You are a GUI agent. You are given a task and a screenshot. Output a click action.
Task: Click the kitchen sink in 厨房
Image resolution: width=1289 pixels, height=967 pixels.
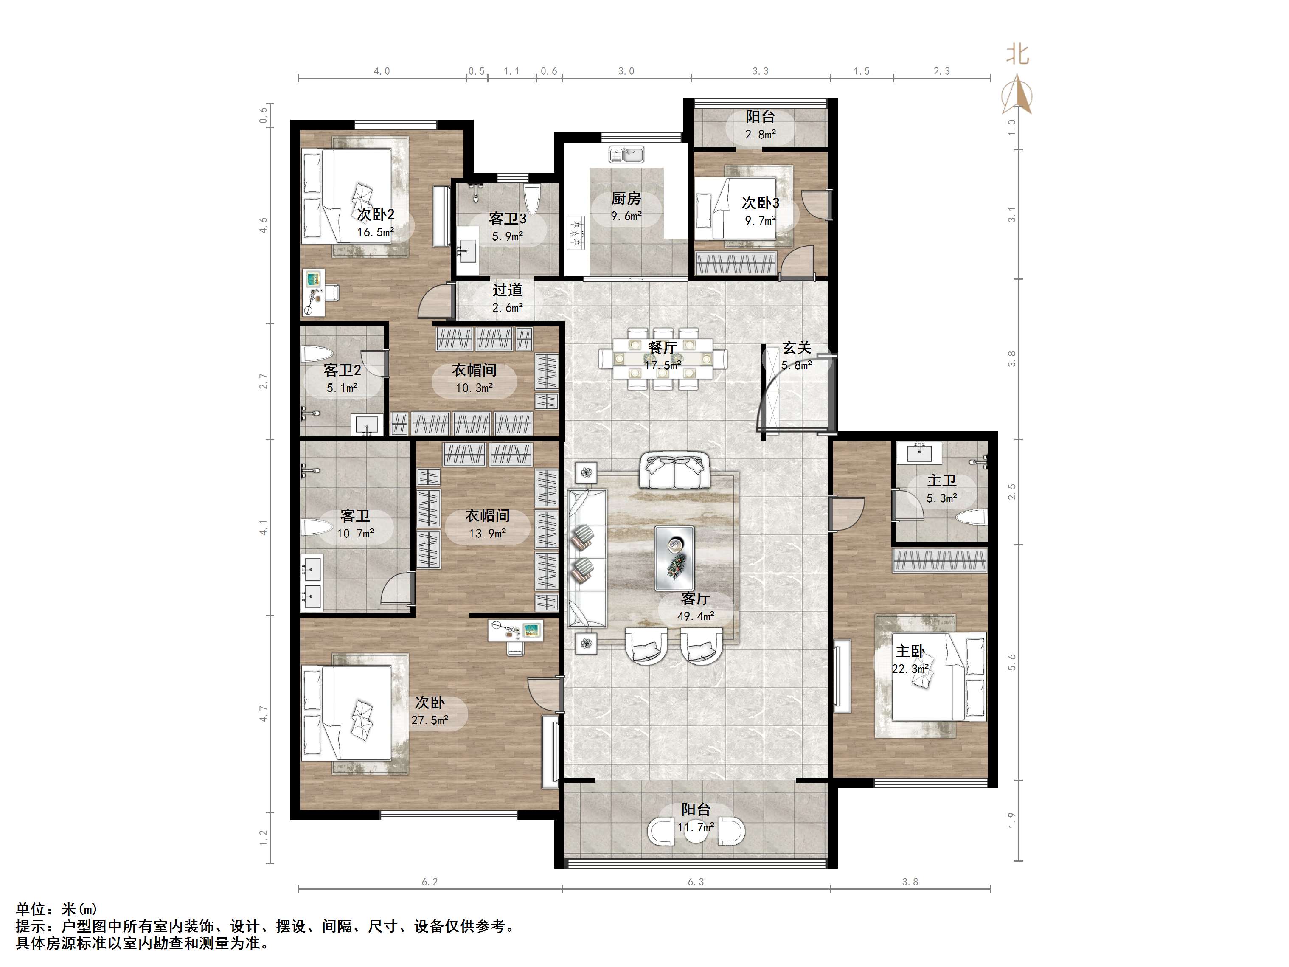pyautogui.click(x=626, y=155)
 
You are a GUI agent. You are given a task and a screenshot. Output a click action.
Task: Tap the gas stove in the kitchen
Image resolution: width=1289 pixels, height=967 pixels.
pyautogui.click(x=576, y=233)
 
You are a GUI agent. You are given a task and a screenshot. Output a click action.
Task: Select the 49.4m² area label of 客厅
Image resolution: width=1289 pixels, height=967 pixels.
pyautogui.click(x=696, y=616)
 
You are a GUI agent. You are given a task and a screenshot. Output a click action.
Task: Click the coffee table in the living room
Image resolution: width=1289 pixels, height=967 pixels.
pyautogui.click(x=674, y=558)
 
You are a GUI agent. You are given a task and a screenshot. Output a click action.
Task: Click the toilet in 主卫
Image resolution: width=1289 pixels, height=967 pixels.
pyautogui.click(x=973, y=517)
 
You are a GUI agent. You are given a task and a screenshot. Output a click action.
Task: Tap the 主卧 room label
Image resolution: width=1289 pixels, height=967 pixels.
pyautogui.click(x=910, y=651)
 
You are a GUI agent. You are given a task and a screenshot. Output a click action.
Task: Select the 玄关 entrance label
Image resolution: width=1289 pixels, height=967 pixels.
pyautogui.click(x=797, y=348)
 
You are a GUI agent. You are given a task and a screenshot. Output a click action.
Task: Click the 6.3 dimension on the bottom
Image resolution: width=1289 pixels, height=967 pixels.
pyautogui.click(x=696, y=882)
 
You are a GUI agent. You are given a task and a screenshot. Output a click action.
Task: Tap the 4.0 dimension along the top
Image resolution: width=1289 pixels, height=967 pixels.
pyautogui.click(x=382, y=71)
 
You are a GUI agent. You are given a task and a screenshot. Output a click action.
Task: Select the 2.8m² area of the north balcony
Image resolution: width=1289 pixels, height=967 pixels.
pyautogui.click(x=761, y=135)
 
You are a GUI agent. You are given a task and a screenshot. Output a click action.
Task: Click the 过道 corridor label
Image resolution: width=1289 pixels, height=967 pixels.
pyautogui.click(x=508, y=290)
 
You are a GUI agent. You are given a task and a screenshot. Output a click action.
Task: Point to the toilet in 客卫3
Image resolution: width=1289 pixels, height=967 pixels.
pyautogui.click(x=533, y=200)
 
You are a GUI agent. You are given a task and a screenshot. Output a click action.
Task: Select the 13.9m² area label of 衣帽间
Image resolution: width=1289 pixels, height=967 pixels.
pyautogui.click(x=487, y=533)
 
